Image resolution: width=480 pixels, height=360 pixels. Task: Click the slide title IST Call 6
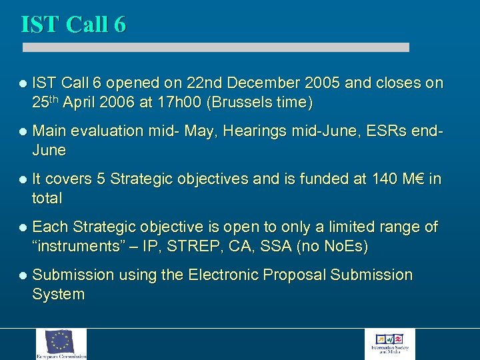[73, 25]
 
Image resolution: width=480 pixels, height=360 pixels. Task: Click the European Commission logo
[61, 344]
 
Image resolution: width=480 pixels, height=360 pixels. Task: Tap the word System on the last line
[58, 295]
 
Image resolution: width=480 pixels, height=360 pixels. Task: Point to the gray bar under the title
[215, 47]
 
